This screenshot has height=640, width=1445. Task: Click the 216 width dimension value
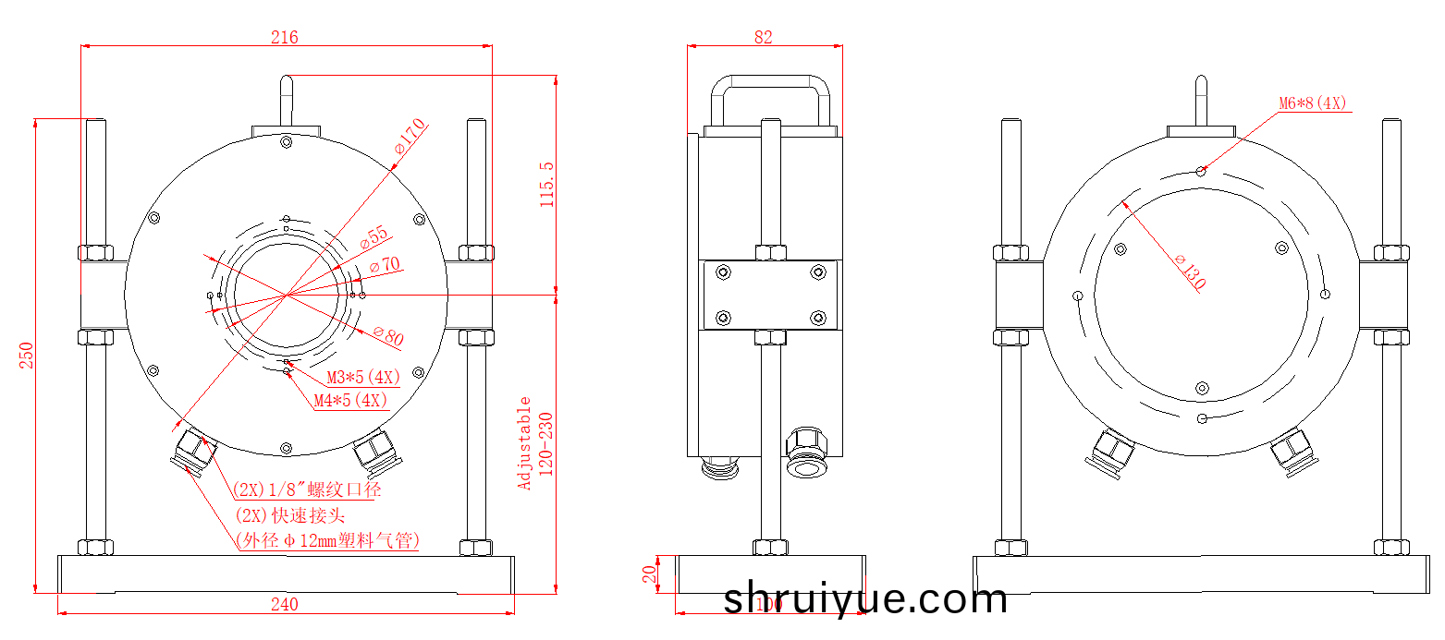click(x=284, y=37)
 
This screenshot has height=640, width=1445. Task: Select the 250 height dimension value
click(x=27, y=356)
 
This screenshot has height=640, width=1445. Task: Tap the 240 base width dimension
click(x=285, y=605)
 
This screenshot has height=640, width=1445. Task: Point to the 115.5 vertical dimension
click(x=546, y=184)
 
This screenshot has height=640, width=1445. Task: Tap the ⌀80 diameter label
click(x=388, y=336)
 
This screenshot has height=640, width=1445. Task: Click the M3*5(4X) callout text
click(x=363, y=378)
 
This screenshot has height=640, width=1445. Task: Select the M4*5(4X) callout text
click(x=350, y=401)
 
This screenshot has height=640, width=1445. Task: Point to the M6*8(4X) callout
click(x=1312, y=103)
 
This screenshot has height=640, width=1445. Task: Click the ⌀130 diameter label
click(x=1191, y=272)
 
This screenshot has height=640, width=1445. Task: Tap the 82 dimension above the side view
click(x=763, y=37)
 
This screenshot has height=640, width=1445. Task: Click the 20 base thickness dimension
click(x=650, y=575)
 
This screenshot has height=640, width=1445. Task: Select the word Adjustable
click(x=525, y=443)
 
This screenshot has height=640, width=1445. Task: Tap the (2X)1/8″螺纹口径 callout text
click(x=306, y=489)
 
